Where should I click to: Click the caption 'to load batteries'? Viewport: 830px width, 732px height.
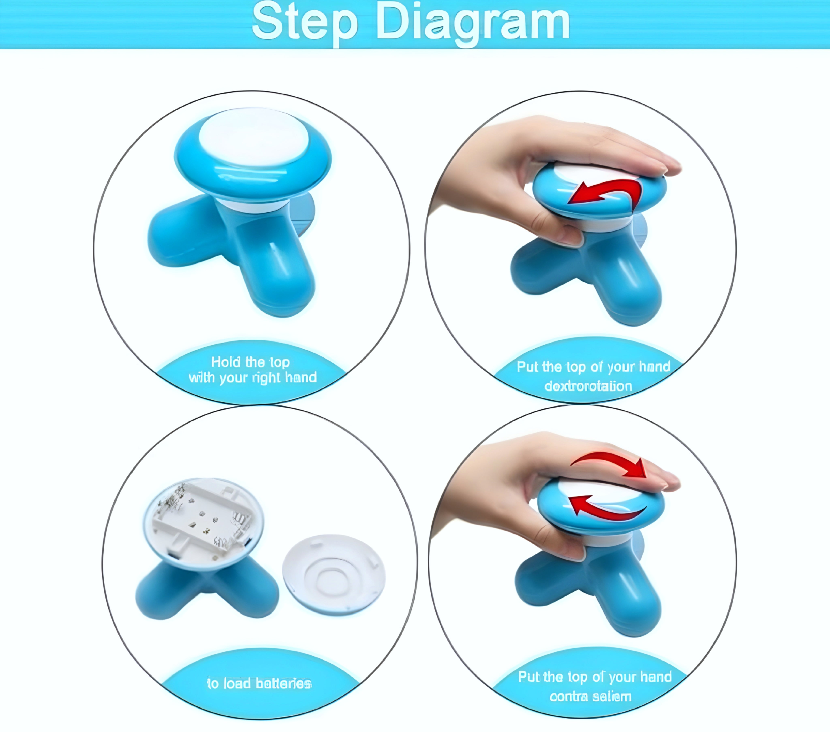pyautogui.click(x=259, y=684)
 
